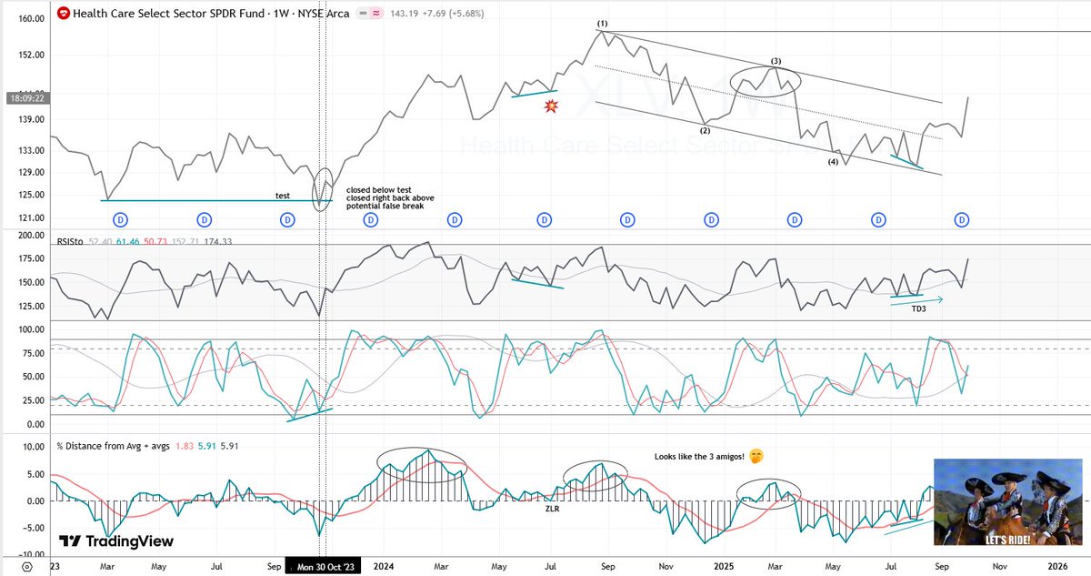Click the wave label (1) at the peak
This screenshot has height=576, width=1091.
point(602,23)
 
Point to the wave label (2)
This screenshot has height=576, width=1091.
point(705,130)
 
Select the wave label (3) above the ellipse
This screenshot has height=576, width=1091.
point(776,61)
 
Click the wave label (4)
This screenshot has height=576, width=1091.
point(833,162)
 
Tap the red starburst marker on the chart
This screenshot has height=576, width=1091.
point(551,106)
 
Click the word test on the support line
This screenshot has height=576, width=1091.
point(283,196)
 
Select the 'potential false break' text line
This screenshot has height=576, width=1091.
point(385,207)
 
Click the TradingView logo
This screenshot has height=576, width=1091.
point(115,541)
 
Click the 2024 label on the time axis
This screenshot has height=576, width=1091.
point(383,566)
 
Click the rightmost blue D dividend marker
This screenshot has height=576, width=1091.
point(963,219)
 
